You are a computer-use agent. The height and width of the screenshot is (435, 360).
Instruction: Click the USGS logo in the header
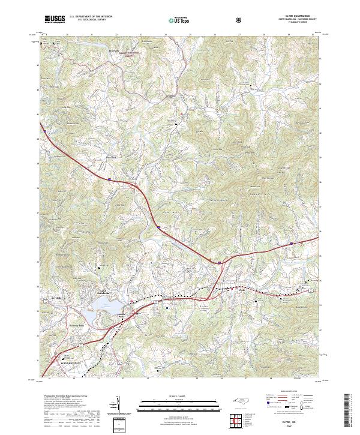point(55,20)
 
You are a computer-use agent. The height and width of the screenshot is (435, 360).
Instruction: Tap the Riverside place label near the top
point(113,51)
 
